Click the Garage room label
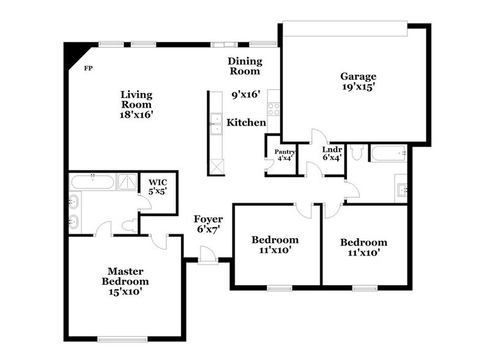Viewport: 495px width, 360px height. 358,77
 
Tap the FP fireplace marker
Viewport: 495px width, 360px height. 89,68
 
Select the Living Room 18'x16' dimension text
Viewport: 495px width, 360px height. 136,114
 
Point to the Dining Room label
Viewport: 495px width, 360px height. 245,66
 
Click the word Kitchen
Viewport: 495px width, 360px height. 246,123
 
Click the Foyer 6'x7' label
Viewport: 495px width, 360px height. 208,223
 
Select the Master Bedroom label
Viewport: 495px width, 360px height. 125,276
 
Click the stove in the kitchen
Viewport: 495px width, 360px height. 274,109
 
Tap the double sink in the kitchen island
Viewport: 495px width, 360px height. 215,124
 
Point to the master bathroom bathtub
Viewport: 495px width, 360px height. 92,182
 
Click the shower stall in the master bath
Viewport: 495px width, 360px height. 128,182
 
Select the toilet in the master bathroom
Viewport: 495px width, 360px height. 129,225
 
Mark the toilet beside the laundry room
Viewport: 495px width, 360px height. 358,151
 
